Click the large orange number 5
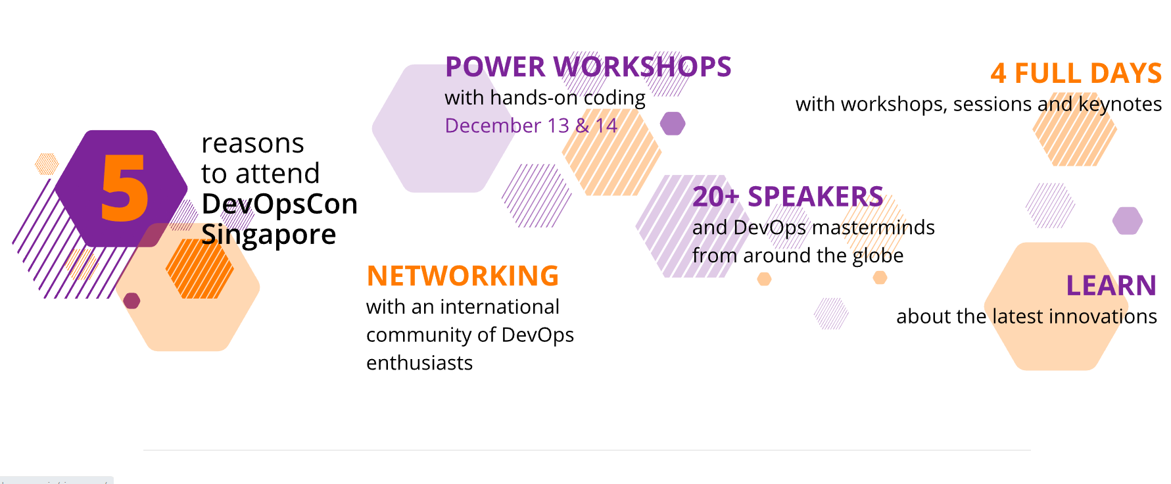[x=124, y=188]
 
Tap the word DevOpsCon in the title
[x=279, y=205]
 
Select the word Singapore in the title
[x=268, y=235]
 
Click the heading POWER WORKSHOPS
[x=588, y=67]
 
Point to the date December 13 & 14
[x=531, y=126]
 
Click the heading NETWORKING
[x=463, y=276]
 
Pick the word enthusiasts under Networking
[x=419, y=363]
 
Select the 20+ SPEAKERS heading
[x=788, y=197]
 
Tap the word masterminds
[x=874, y=228]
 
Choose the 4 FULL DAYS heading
[x=1076, y=74]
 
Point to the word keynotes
[x=1120, y=105]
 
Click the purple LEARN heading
[x=1111, y=286]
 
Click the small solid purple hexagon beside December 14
[x=673, y=123]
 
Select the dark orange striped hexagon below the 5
[x=200, y=269]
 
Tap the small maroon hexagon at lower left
[x=131, y=301]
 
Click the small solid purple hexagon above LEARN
[x=1128, y=221]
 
